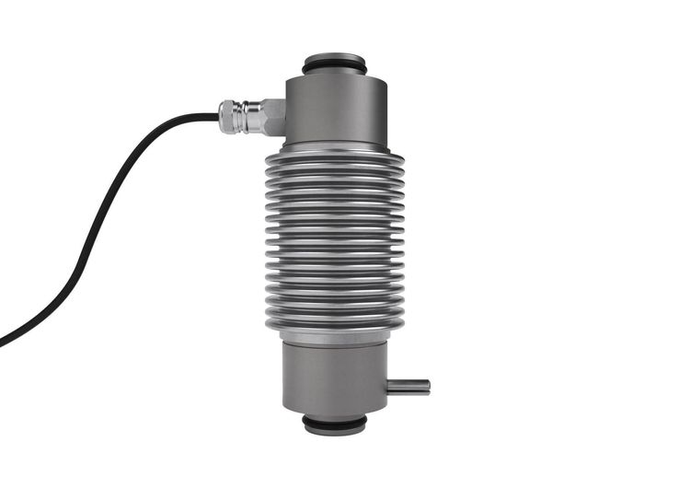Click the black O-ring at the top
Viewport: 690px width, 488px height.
point(334,68)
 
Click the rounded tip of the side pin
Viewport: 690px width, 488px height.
point(427,386)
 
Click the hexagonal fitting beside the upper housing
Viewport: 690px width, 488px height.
point(270,117)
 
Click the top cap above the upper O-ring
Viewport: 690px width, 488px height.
point(334,58)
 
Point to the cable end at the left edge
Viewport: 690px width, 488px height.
point(4,343)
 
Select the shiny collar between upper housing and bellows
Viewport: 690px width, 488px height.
point(334,146)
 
